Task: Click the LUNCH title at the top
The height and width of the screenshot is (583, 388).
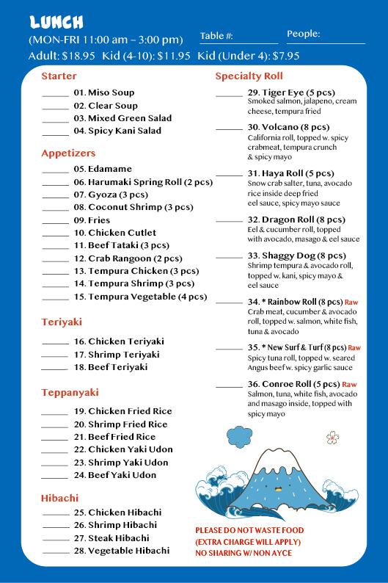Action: (x=56, y=21)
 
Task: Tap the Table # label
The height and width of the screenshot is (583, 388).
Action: (x=216, y=35)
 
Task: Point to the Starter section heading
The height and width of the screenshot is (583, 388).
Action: (x=59, y=76)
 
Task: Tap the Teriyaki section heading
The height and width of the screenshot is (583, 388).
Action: (x=62, y=322)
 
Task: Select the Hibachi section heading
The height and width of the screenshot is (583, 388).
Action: (x=60, y=498)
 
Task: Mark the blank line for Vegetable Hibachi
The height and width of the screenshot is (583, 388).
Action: (x=55, y=551)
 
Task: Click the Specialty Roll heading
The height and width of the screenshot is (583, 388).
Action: (x=249, y=76)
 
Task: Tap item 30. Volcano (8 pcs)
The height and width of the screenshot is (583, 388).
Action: (x=288, y=127)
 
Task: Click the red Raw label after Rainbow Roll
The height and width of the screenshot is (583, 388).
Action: (x=351, y=302)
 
